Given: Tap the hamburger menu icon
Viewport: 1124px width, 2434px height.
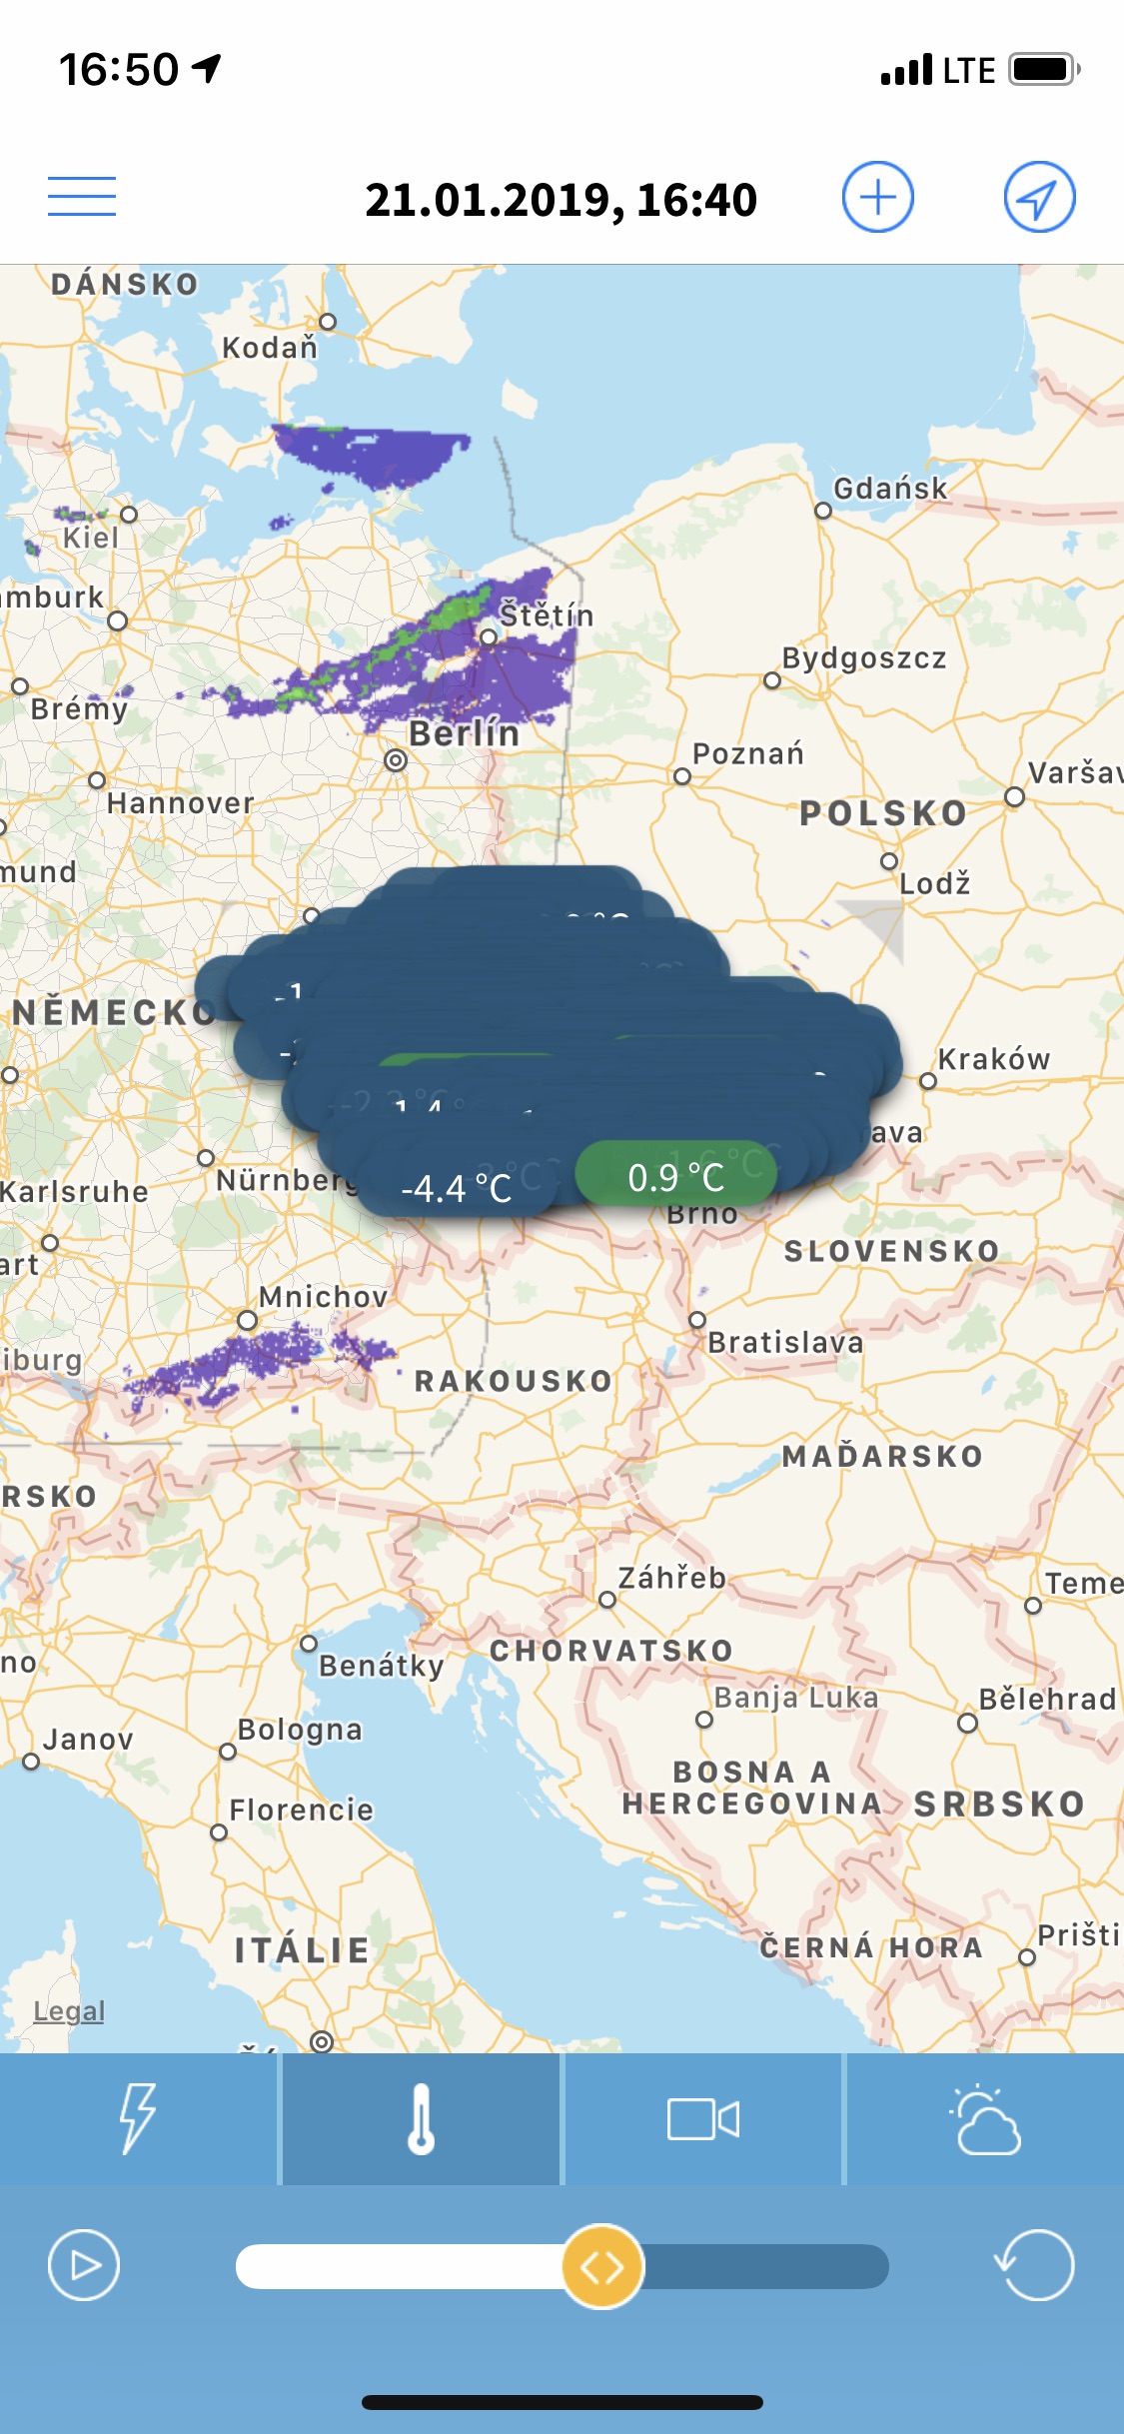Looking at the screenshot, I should pyautogui.click(x=82, y=196).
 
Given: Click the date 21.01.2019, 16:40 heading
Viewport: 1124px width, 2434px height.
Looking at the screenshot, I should pyautogui.click(x=561, y=200).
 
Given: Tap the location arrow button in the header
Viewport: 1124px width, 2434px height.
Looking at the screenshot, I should pyautogui.click(x=1039, y=197).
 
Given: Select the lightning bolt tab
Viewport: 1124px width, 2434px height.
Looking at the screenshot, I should pyautogui.click(x=138, y=2118).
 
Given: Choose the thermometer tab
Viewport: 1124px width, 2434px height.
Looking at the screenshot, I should pyautogui.click(x=421, y=2118).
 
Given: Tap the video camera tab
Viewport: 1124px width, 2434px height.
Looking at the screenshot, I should pyautogui.click(x=703, y=2118).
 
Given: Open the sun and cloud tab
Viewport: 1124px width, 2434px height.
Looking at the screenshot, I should pyautogui.click(x=985, y=2118).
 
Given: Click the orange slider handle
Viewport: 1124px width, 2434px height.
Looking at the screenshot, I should pyautogui.click(x=602, y=2266).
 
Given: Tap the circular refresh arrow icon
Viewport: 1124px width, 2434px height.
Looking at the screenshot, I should pyautogui.click(x=1035, y=2264).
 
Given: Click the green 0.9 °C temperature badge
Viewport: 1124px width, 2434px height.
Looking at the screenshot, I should pyautogui.click(x=676, y=1176).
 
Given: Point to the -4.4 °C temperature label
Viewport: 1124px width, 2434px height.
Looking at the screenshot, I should pyautogui.click(x=457, y=1188).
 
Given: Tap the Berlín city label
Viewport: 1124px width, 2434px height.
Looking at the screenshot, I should pyautogui.click(x=464, y=733).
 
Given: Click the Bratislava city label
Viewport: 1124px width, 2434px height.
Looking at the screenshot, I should pyautogui.click(x=785, y=1342).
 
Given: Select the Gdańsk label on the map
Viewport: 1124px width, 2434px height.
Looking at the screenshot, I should pyautogui.click(x=890, y=489).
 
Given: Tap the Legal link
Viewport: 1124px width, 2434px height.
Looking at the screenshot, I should pyautogui.click(x=69, y=2010).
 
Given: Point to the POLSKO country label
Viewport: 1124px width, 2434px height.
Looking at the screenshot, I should pyautogui.click(x=883, y=813).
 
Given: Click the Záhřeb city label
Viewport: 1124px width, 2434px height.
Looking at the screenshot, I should pyautogui.click(x=671, y=1578).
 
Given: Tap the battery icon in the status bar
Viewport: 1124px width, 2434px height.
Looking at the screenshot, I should pyautogui.click(x=1044, y=70).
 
